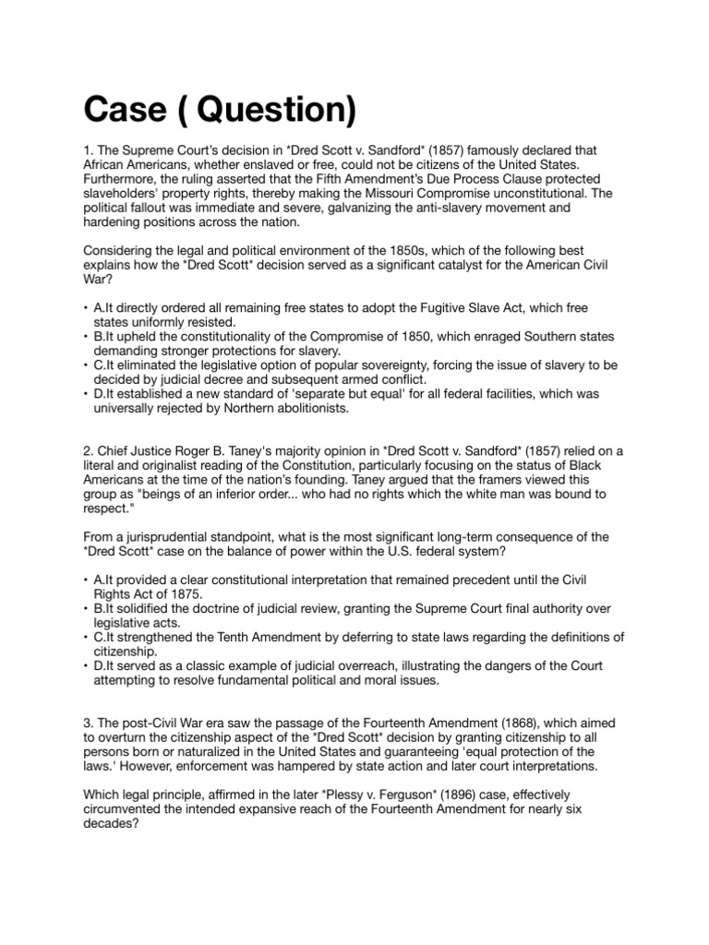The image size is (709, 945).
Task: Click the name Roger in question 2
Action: click(180, 450)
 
